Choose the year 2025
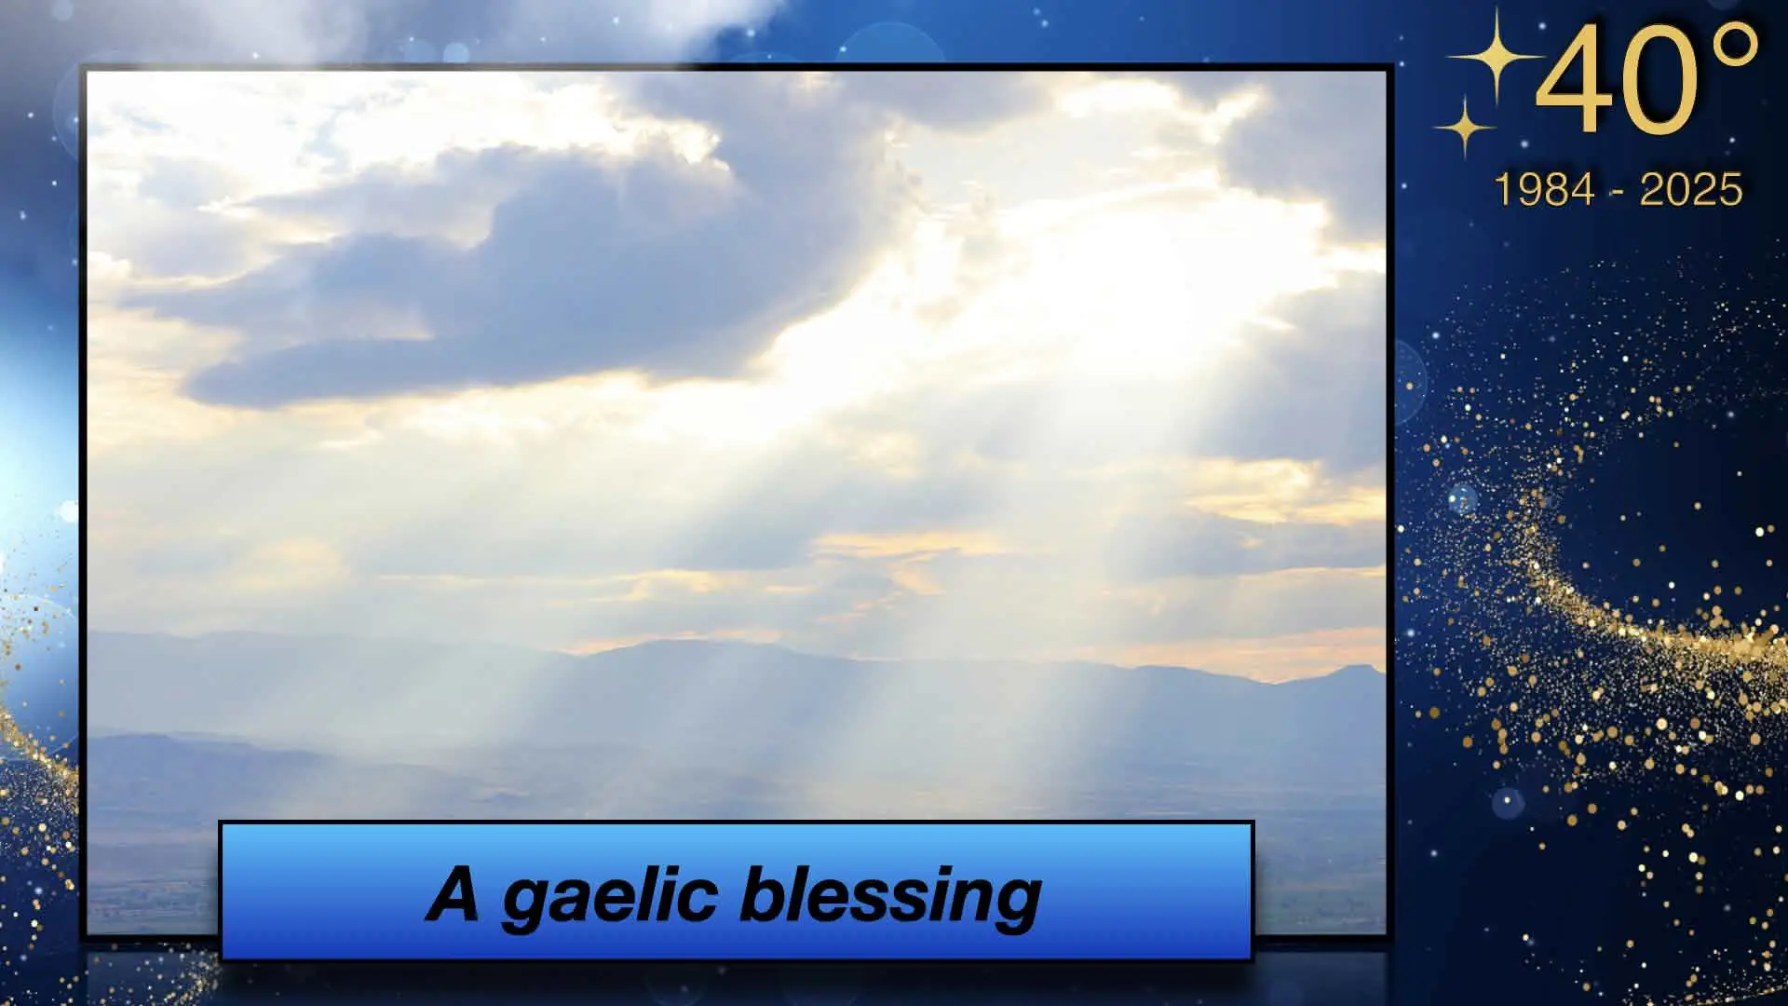tap(1690, 190)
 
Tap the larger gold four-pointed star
tap(1493, 56)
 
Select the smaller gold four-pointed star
tap(1464, 125)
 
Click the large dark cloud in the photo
tap(484, 279)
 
